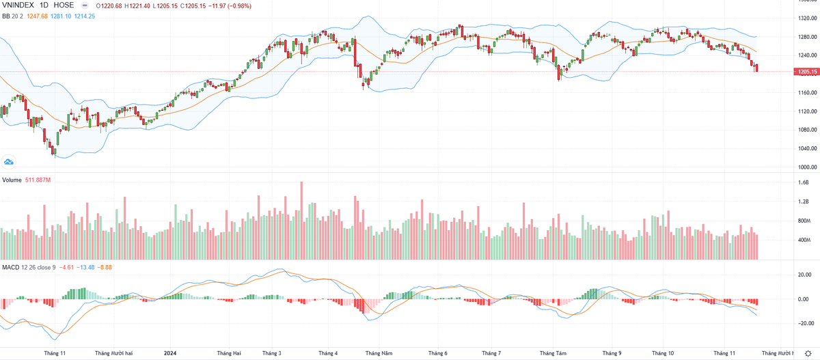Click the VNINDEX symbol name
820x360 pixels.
[x=19, y=5]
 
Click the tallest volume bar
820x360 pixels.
[x=301, y=220]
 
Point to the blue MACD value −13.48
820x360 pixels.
[x=85, y=266]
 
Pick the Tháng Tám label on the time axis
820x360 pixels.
[x=553, y=353]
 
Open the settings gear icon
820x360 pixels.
[x=808, y=353]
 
